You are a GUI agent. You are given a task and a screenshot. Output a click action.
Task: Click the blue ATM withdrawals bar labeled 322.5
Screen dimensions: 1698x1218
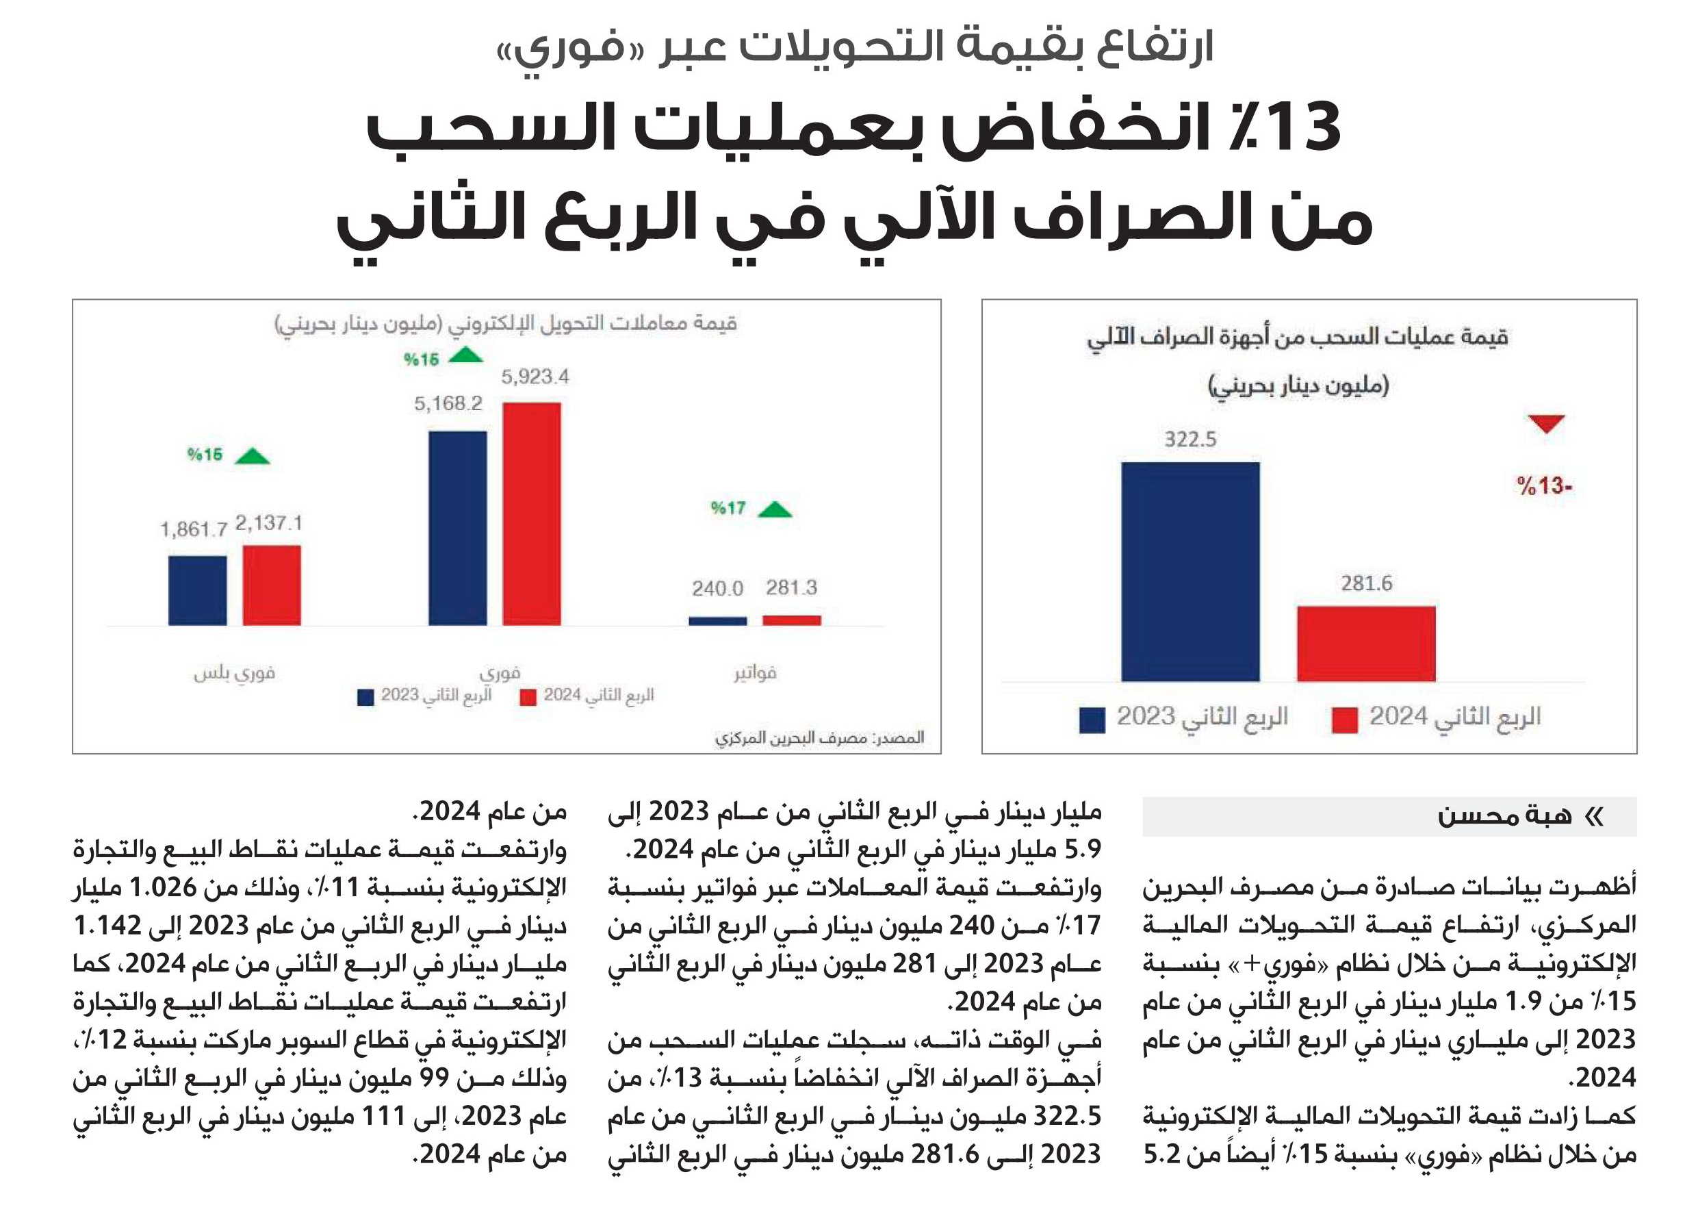click(x=1190, y=572)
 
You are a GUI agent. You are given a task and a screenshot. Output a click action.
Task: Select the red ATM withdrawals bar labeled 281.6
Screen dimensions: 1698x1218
click(x=1366, y=644)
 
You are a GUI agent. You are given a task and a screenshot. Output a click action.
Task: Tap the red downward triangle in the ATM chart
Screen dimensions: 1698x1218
click(x=1547, y=424)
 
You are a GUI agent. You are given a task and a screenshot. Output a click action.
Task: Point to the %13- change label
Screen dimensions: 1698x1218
click(x=1544, y=485)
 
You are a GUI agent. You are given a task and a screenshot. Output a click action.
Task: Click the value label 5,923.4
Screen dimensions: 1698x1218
click(x=535, y=376)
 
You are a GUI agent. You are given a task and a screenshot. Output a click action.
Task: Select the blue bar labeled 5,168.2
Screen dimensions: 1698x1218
click(x=457, y=528)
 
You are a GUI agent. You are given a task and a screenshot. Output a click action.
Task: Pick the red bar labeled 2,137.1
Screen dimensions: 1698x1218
click(x=272, y=585)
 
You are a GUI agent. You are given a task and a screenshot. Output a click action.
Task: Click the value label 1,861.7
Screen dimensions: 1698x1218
click(x=193, y=530)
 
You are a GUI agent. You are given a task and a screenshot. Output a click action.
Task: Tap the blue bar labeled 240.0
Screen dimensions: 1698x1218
click(x=717, y=621)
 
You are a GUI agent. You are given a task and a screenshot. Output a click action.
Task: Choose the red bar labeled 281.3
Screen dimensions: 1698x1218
click(x=791, y=620)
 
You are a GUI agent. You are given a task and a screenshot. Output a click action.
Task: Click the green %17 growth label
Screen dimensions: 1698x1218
click(x=728, y=508)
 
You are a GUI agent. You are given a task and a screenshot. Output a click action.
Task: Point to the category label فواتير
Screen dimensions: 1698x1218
click(x=755, y=672)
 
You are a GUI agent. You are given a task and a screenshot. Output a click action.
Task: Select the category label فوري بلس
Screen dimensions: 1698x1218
click(x=234, y=672)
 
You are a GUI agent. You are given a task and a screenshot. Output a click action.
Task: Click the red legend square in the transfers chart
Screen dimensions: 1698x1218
click(x=528, y=698)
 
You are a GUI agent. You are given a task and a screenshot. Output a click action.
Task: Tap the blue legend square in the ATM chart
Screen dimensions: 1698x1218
click(x=1092, y=720)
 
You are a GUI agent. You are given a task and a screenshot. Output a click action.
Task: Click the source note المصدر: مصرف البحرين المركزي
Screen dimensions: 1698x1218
click(x=819, y=738)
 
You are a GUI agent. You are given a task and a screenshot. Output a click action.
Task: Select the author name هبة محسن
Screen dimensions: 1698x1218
click(x=1505, y=815)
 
